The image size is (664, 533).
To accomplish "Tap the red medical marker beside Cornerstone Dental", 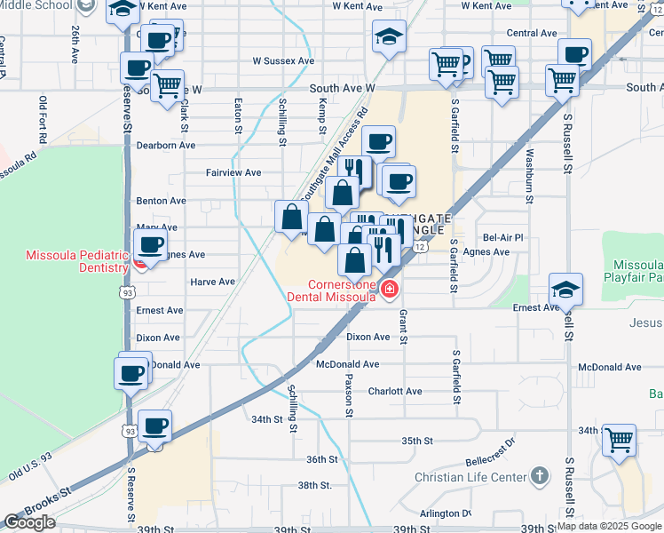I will pos(389,290).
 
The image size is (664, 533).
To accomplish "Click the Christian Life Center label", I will pos(470,477).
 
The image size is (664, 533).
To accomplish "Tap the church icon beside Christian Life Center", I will pos(537,477).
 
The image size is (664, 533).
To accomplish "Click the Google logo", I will pos(29,522).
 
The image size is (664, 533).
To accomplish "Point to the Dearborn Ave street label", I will pos(165,145).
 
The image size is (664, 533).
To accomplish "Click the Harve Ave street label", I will pos(212,282).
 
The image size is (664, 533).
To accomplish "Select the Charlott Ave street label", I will pos(395,391).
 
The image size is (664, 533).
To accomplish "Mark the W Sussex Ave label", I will pos(284,61).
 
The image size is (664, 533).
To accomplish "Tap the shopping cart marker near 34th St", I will pos(619,439).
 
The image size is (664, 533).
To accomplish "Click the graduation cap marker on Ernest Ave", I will pos(565,289).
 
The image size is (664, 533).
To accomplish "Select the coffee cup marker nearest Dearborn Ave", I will pos(378,142).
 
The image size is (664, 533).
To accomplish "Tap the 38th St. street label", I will pos(314,486).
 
